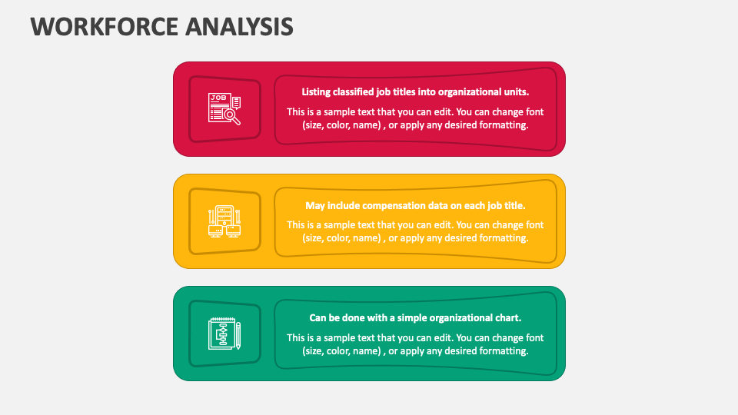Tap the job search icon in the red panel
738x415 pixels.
click(x=224, y=108)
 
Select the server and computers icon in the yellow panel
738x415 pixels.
click(x=224, y=221)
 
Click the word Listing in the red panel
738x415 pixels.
click(x=317, y=91)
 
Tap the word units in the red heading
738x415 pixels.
click(x=514, y=91)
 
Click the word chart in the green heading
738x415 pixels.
click(x=507, y=317)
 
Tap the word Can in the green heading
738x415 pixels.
click(x=319, y=317)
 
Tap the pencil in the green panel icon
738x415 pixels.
click(x=238, y=335)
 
